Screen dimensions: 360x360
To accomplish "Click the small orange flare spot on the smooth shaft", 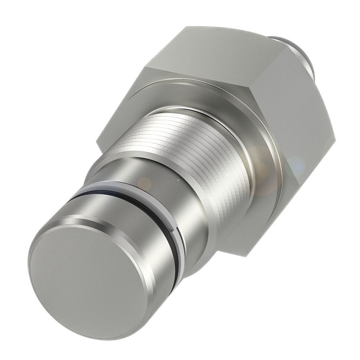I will pyautogui.click(x=145, y=183).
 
